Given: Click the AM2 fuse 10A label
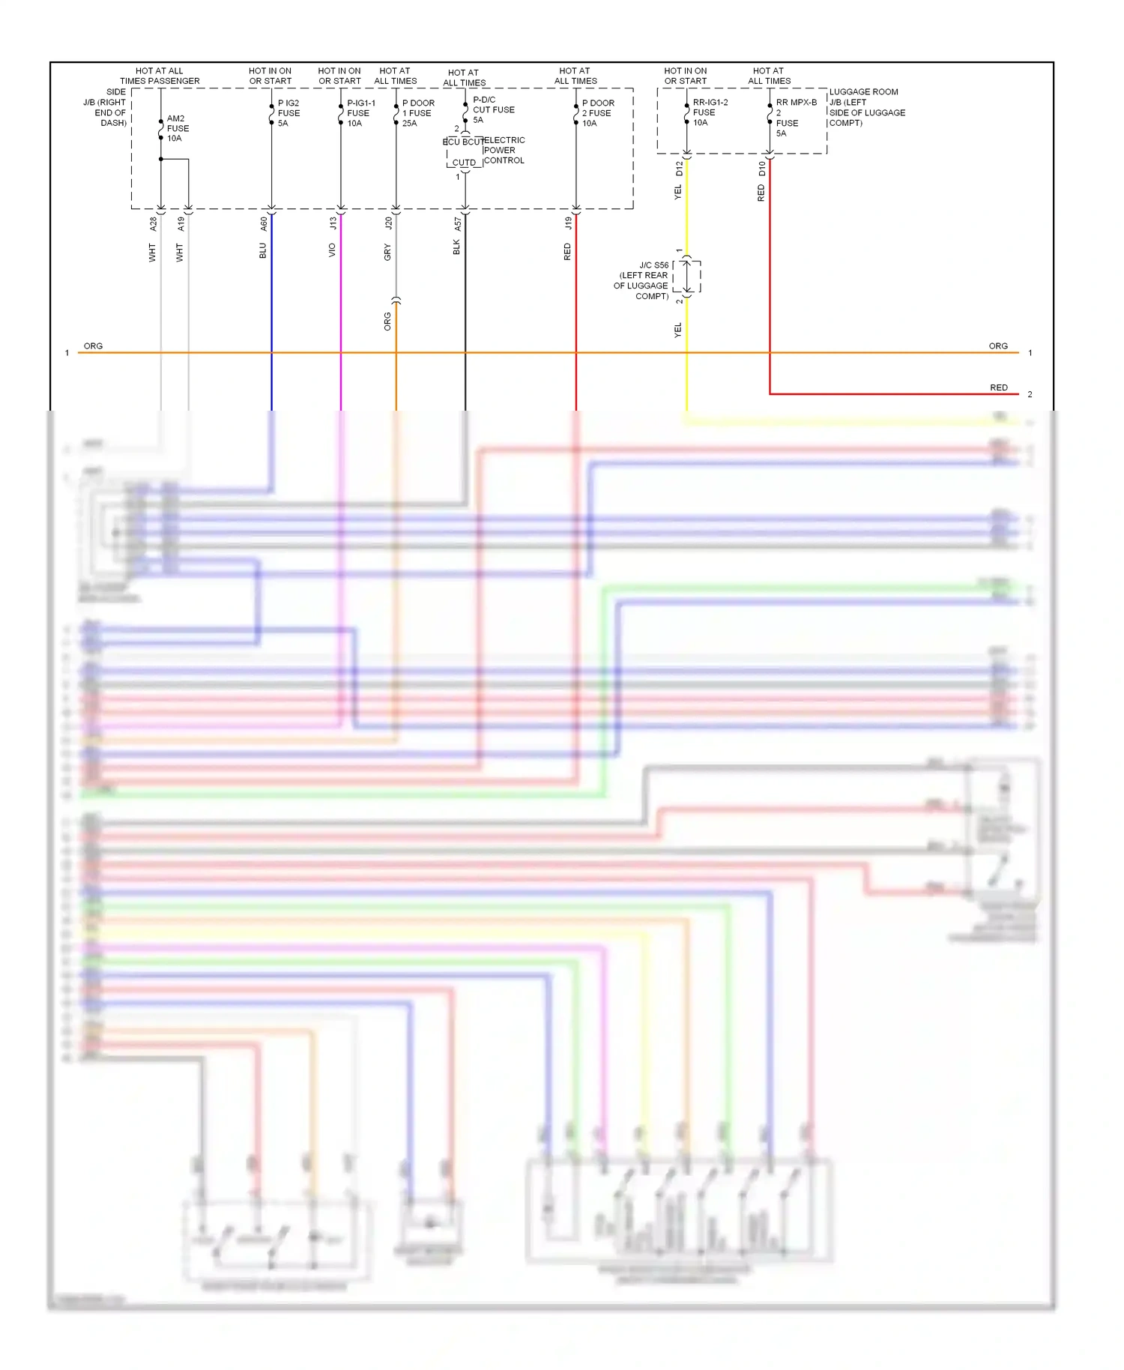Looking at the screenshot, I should (178, 128).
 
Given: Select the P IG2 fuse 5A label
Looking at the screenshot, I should (288, 113).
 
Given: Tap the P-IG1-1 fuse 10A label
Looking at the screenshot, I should (360, 113).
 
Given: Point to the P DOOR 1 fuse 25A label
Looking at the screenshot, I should (417, 113).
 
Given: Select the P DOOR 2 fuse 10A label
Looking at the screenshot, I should (598, 113).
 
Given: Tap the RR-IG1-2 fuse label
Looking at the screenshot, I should (709, 112).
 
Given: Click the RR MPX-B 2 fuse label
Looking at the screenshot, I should (794, 118).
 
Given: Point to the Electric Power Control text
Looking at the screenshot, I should (504, 150).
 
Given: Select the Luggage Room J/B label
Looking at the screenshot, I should (865, 107).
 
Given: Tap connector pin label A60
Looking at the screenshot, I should (264, 223).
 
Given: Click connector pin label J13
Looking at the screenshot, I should (333, 223).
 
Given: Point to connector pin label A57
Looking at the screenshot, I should (457, 224).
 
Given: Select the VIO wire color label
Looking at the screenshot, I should (332, 250).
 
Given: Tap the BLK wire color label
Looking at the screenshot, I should (456, 247).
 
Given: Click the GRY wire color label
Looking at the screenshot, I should (387, 252).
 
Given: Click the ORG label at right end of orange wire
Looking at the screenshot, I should (997, 346).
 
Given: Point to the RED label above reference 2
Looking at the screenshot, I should (998, 387).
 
